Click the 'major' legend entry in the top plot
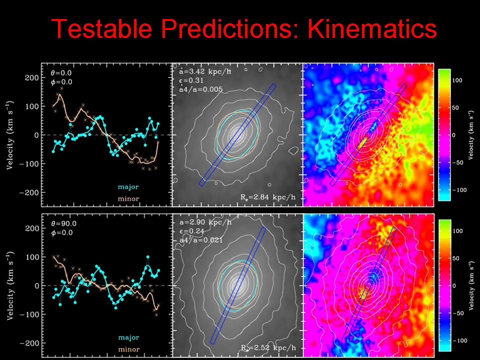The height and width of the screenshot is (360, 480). (x=128, y=186)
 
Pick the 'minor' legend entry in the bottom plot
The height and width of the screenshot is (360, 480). (x=128, y=349)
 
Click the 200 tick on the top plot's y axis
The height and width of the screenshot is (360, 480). (x=31, y=78)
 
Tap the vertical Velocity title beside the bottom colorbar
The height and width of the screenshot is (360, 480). (x=470, y=285)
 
